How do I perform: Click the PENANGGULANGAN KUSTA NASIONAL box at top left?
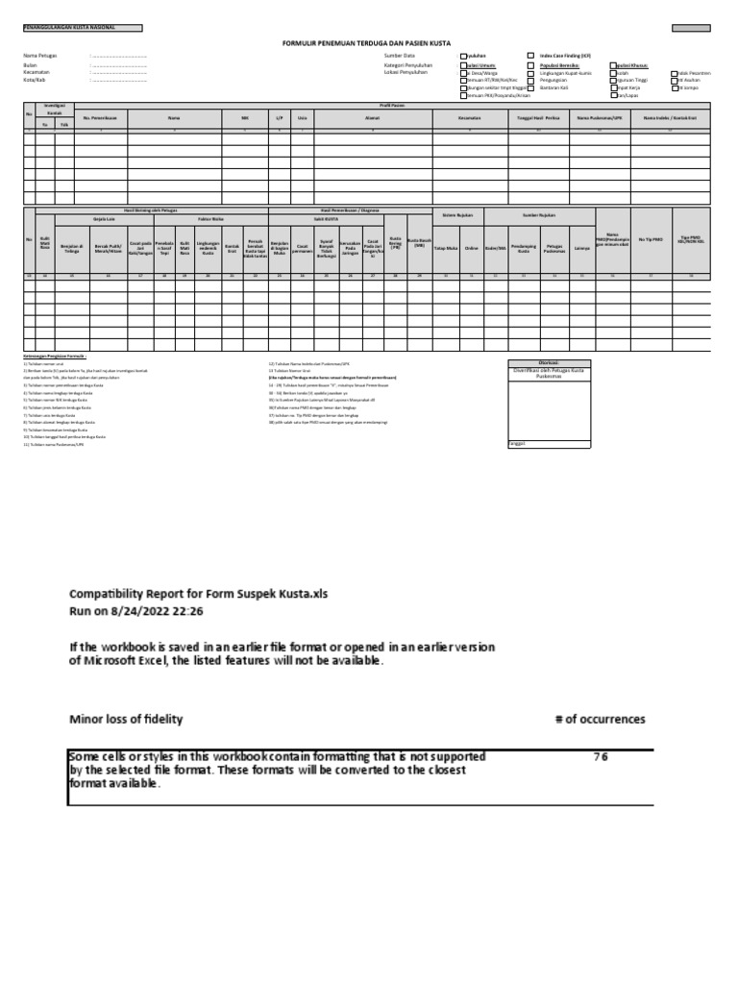click(82, 28)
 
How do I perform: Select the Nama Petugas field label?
click(40, 57)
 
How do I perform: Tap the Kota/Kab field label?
click(35, 80)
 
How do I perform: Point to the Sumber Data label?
click(398, 57)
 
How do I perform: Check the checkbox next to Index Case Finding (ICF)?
click(531, 57)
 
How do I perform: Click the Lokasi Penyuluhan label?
click(406, 72)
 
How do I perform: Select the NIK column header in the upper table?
click(244, 117)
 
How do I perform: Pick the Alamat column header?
click(372, 117)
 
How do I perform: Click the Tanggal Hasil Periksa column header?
click(540, 117)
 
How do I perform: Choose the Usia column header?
click(303, 117)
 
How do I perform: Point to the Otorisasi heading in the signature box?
click(550, 363)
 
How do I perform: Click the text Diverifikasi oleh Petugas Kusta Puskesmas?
click(550, 373)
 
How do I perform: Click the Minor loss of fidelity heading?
click(125, 719)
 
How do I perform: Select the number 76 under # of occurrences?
click(600, 757)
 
